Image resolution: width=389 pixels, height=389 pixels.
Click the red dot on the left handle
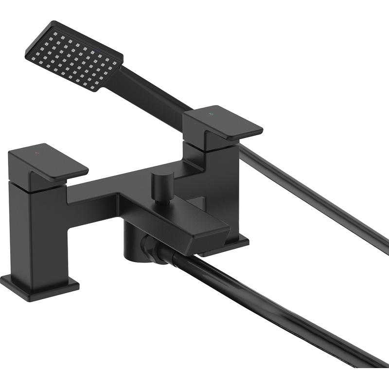coord(37,154)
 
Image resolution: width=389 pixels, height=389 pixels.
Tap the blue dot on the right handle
coord(211,115)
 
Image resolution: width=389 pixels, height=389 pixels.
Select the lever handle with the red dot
coord(49,163)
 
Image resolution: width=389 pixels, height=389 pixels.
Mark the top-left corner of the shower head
coord(52,22)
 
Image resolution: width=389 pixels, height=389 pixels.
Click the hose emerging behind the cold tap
coord(316,194)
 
